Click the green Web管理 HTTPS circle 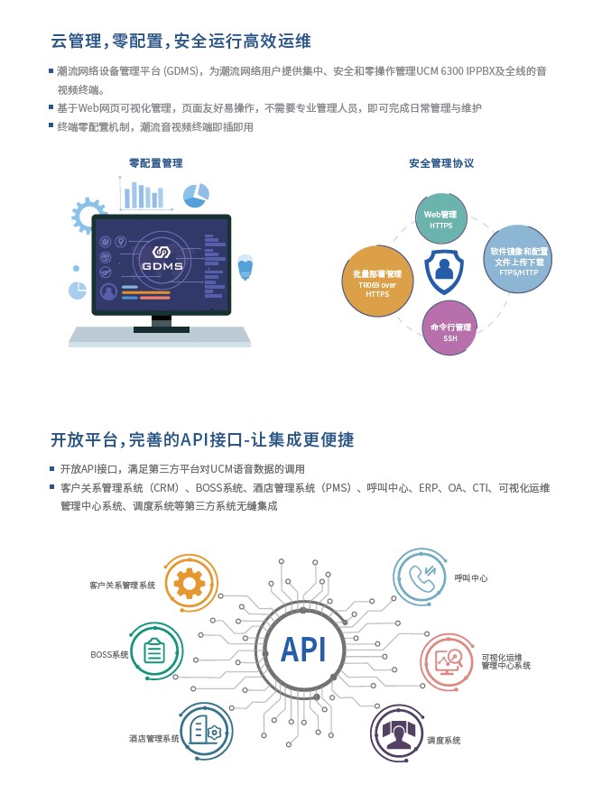pos(441,218)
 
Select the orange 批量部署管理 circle pos(377,281)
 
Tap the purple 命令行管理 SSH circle pos(449,328)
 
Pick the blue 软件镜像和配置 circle pos(517,259)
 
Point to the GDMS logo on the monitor pos(162,258)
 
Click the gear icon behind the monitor pos(86,215)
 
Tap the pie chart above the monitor pos(196,195)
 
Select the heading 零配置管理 pos(155,163)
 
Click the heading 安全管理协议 pos(441,163)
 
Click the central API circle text pos(303,650)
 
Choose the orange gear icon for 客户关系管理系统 pos(190,584)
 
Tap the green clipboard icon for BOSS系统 pos(154,651)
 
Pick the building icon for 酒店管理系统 pos(206,731)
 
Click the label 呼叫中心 pos(470,578)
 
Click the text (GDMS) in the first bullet pos(181,71)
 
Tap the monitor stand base pos(162,329)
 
